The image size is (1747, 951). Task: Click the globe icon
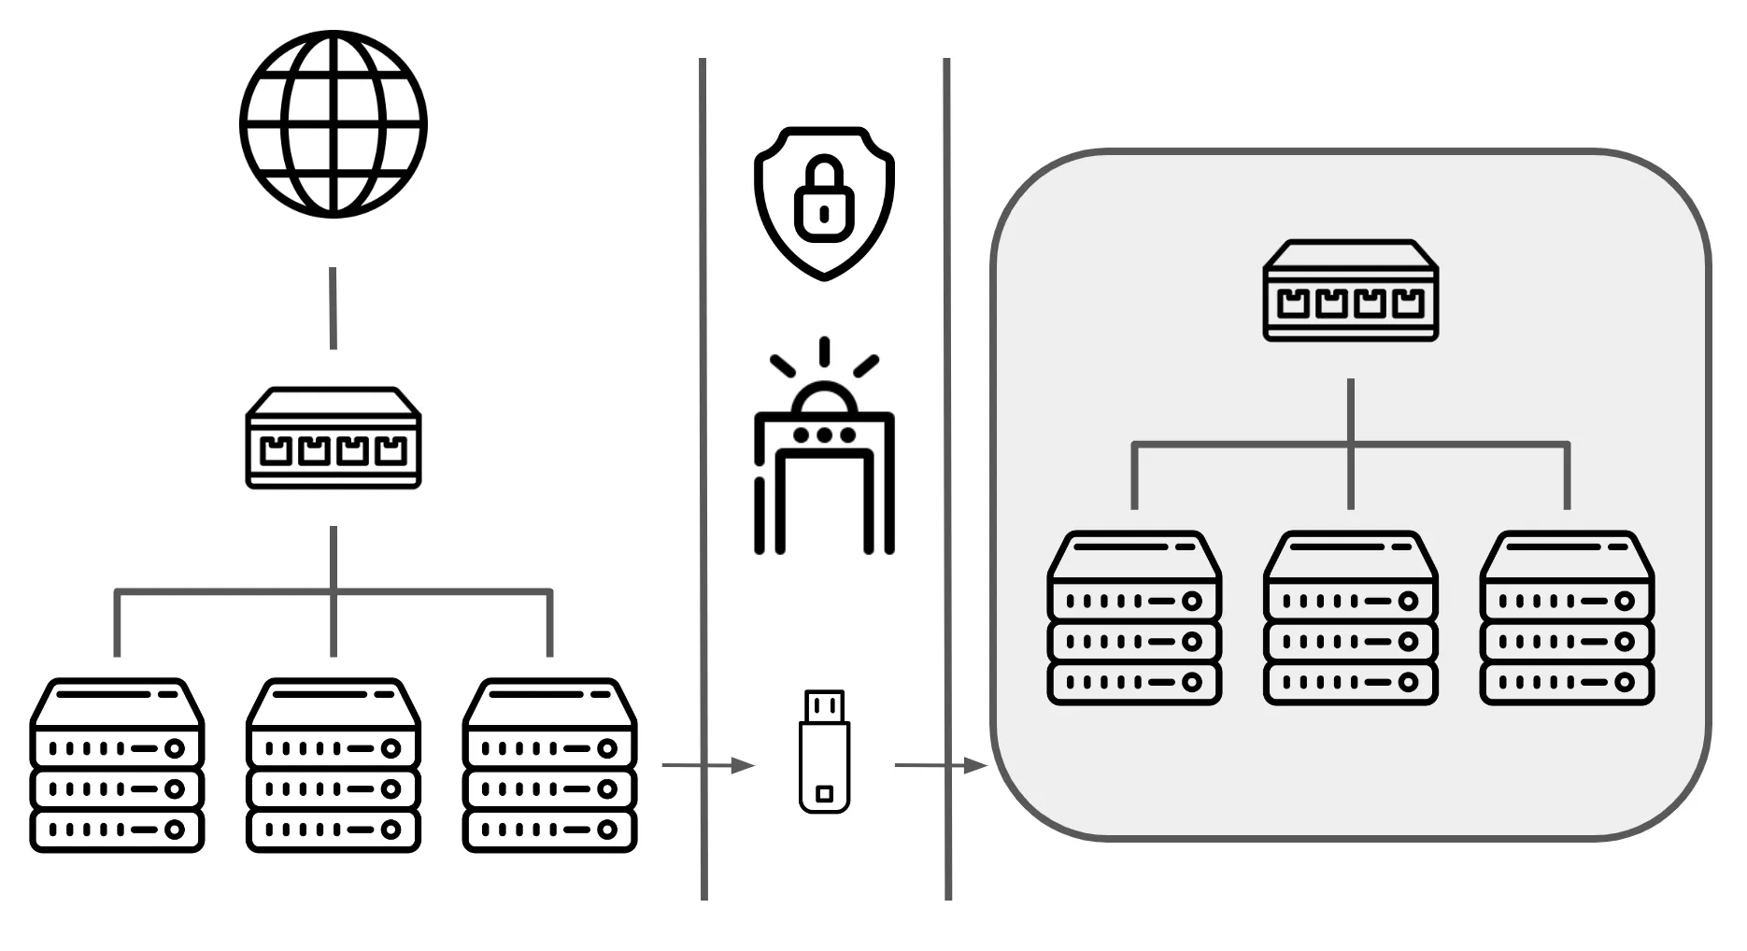[x=334, y=124]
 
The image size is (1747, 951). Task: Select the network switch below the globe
[x=334, y=438]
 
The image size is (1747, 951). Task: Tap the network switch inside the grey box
[x=1350, y=291]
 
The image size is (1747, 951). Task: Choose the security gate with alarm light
[x=824, y=458]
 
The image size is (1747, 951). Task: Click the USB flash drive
[x=824, y=752]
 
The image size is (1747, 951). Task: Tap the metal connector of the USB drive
[x=824, y=706]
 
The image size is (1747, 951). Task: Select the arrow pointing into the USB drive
[x=707, y=766]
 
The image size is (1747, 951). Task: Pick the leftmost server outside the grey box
[x=117, y=766]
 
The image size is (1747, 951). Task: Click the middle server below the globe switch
[x=334, y=766]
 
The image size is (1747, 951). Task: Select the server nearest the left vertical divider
[x=549, y=766]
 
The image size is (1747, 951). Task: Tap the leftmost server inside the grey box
[x=1134, y=617]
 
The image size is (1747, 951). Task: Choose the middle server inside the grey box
[x=1350, y=617]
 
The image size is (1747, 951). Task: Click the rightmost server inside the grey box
[x=1567, y=617]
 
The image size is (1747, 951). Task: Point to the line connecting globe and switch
[x=333, y=308]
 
